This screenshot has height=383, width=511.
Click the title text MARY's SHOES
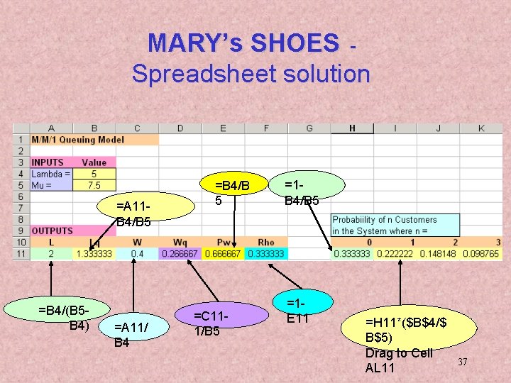pyautogui.click(x=243, y=43)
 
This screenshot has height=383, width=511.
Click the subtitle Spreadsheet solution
pyautogui.click(x=251, y=74)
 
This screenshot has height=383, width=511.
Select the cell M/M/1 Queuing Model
pyautogui.click(x=77, y=140)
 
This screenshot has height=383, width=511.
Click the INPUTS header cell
pyautogui.click(x=48, y=162)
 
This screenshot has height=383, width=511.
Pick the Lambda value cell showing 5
pyautogui.click(x=94, y=174)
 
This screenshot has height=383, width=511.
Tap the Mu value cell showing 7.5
pyautogui.click(x=94, y=185)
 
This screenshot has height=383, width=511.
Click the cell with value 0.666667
pyautogui.click(x=223, y=253)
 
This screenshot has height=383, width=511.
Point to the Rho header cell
pyautogui.click(x=265, y=243)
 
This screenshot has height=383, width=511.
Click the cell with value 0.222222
pyautogui.click(x=395, y=253)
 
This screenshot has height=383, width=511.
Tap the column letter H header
pyautogui.click(x=353, y=128)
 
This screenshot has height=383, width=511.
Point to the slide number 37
pyautogui.click(x=462, y=362)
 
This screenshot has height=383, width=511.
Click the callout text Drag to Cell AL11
pyautogui.click(x=399, y=360)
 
